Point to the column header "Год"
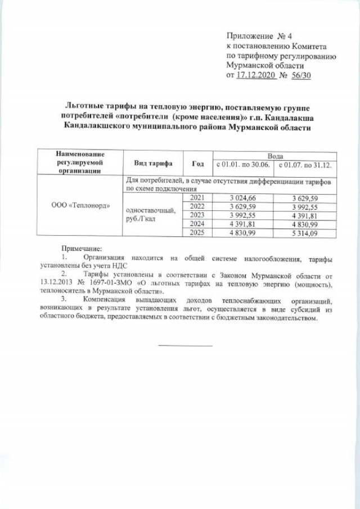(x=198, y=163)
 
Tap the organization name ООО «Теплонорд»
(x=81, y=205)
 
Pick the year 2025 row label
(x=198, y=232)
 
